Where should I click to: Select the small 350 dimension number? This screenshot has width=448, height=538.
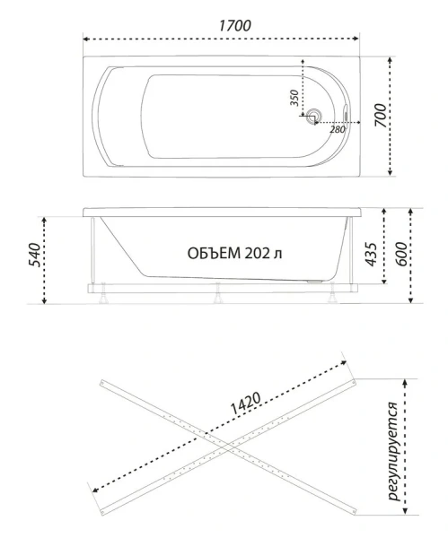pyautogui.click(x=294, y=98)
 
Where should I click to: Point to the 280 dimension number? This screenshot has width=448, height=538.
pyautogui.click(x=338, y=130)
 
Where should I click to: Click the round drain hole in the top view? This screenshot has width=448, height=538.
pyautogui.click(x=314, y=115)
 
